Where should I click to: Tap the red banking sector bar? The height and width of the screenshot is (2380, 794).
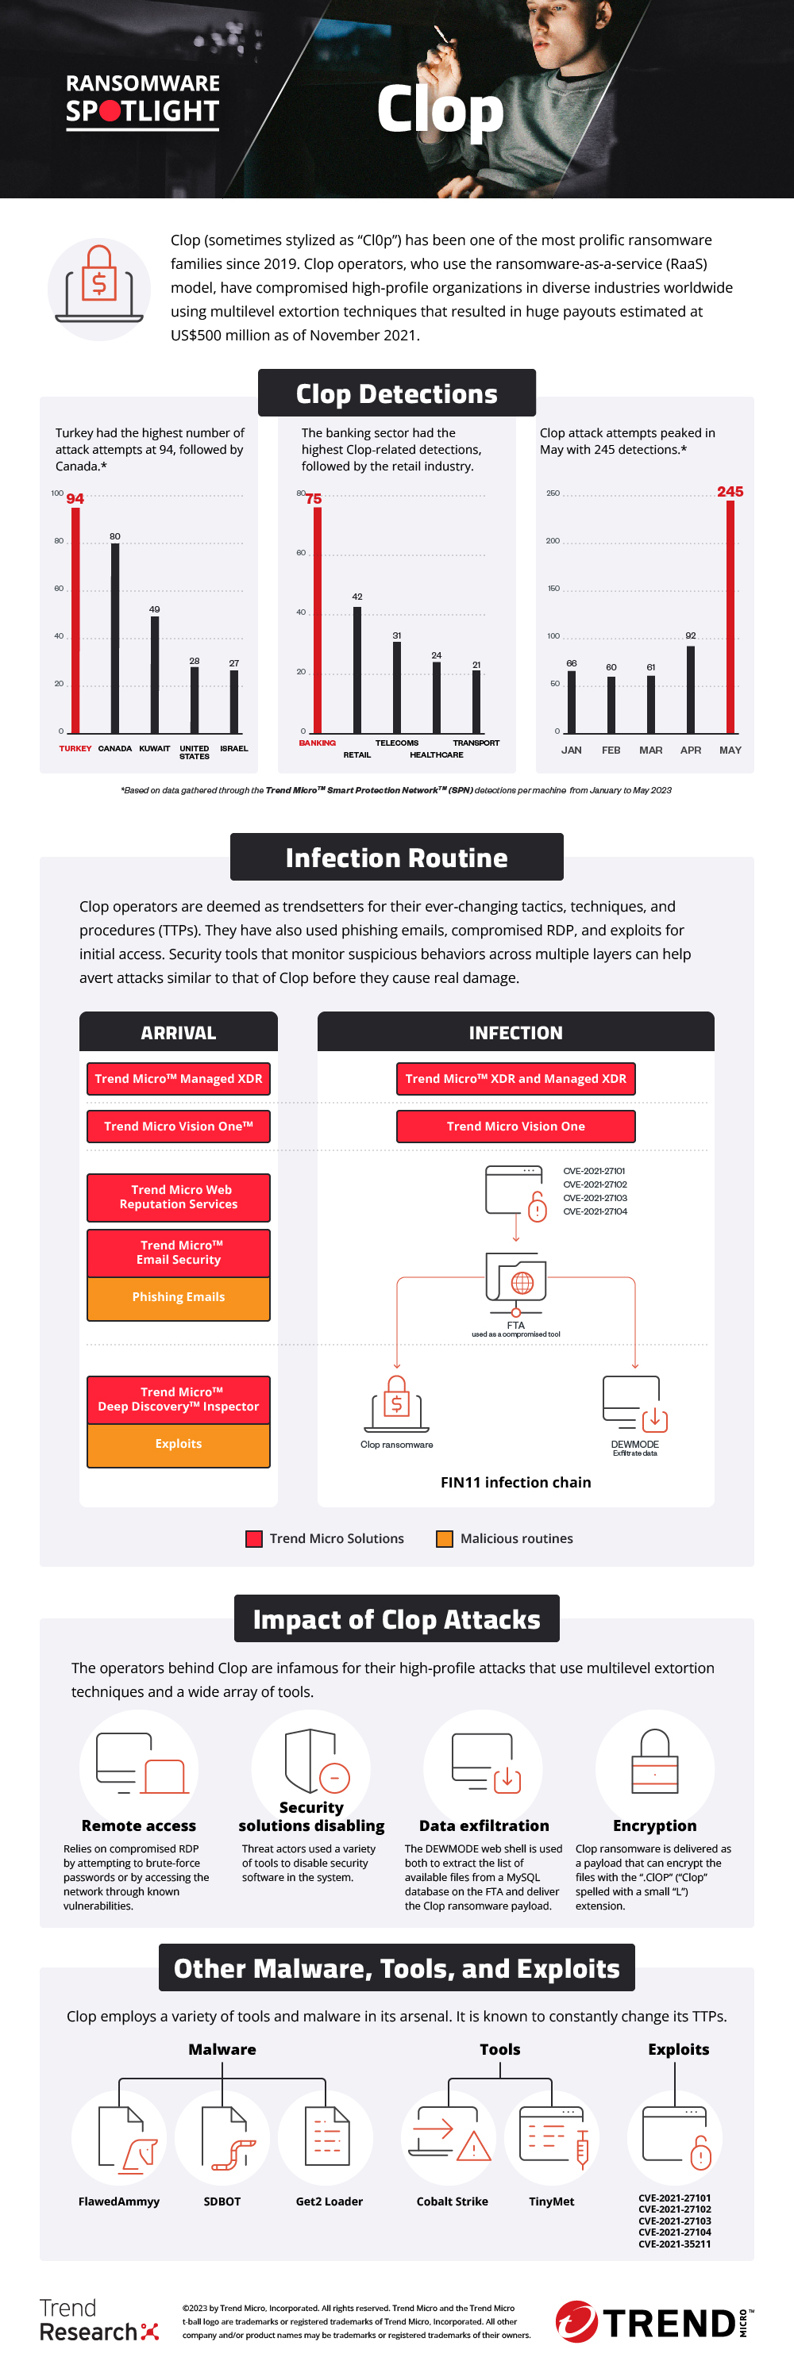click(317, 619)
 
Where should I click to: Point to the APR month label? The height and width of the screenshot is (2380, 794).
click(691, 750)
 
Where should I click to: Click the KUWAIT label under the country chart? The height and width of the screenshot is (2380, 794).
click(154, 748)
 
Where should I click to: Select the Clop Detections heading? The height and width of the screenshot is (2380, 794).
click(396, 393)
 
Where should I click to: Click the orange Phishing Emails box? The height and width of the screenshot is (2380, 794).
click(179, 1297)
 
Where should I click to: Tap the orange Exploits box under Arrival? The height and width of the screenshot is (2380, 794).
click(179, 1444)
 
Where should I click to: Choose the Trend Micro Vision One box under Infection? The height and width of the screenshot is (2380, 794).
click(516, 1127)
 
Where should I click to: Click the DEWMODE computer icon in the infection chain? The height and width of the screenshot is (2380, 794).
click(634, 1403)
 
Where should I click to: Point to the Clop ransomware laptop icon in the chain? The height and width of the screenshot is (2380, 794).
click(396, 1405)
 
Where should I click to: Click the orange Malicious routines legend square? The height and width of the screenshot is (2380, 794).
click(445, 1538)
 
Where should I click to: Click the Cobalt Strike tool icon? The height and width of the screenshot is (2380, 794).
click(450, 2138)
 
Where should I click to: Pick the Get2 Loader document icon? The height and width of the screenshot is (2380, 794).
click(327, 2138)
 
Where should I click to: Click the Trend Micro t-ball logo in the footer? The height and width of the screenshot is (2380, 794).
click(576, 2322)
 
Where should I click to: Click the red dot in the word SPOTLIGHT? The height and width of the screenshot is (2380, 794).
click(110, 112)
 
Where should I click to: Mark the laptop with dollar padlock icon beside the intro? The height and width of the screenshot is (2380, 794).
click(99, 290)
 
